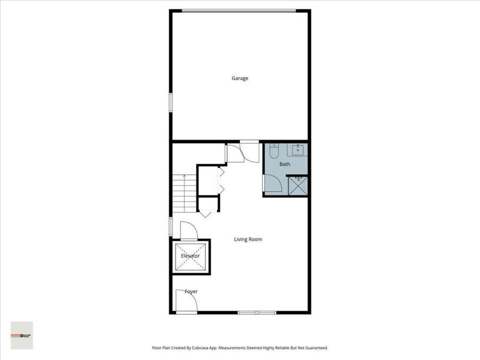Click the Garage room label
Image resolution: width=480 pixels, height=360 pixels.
239,78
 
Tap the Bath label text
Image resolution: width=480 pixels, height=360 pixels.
285,164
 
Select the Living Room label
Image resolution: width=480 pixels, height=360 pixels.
248,239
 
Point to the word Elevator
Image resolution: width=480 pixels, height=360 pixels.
190,256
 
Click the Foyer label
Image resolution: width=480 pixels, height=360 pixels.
191,292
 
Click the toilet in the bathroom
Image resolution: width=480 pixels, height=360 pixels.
273,151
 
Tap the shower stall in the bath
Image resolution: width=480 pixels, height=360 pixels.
298,186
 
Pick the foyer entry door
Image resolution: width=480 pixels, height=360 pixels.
186,302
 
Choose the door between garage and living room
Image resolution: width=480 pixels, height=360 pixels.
248,151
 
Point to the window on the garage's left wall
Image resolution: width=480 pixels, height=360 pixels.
171,102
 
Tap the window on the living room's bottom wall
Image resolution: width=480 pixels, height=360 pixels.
257,311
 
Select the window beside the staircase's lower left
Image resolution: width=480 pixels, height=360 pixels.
171,226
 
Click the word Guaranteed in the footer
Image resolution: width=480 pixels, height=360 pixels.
315,348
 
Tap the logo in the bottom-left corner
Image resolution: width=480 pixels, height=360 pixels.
22,335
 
